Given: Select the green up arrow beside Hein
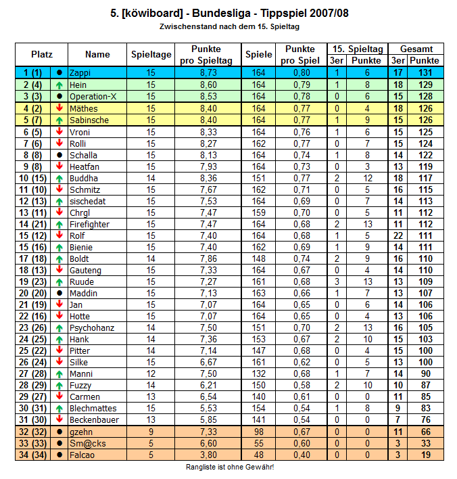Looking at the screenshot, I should pos(59,85).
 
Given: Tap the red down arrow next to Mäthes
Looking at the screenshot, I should pos(59,108).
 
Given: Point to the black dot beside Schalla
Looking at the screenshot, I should pos(59,154).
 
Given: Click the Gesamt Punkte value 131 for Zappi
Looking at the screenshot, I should pos(425,72).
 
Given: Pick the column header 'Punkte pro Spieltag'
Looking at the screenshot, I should pos(206,55).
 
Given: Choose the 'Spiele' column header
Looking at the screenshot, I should pos(259,55).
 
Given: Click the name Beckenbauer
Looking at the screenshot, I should pos(94,419).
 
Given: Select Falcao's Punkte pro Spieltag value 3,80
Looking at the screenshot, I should pos(207,455).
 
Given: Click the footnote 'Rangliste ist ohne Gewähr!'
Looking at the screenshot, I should pos(230,467).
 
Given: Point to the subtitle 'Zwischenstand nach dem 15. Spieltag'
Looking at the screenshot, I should pos(229,26).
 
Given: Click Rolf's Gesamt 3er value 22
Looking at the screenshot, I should pos(398,235).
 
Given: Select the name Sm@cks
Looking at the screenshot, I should pos(85,443).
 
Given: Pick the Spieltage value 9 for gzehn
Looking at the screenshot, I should pos(150,432).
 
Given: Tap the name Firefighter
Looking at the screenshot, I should pos(89,224).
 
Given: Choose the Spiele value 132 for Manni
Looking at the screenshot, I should pos(259,373).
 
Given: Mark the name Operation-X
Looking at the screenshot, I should pos(93,96).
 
